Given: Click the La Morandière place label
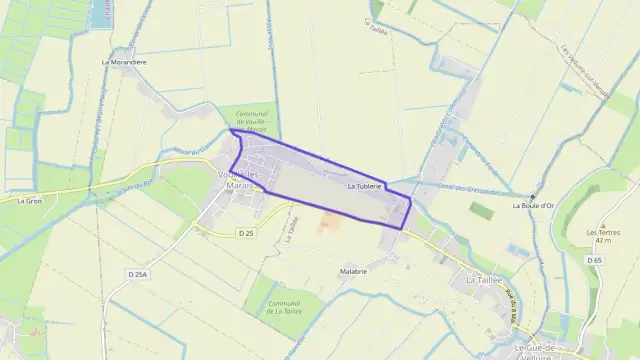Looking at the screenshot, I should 124,61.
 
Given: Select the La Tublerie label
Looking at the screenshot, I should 365,186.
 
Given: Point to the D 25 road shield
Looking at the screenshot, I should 246,232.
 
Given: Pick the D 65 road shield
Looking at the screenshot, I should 595,260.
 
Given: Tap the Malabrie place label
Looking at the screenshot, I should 354,271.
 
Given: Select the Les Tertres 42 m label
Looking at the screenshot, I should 603,236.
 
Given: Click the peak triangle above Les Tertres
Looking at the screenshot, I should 603,226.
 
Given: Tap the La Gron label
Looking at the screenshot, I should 28,200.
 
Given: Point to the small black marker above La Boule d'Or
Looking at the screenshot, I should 532,196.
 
